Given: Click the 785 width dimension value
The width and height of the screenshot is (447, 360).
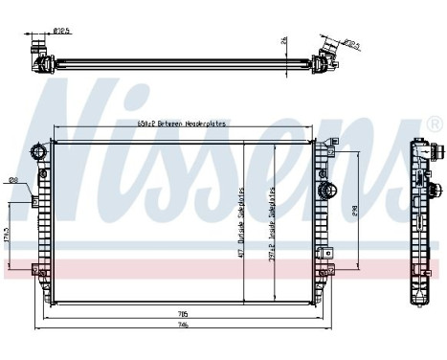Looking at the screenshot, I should [183, 313].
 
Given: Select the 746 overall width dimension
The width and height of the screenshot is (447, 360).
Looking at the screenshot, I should [183, 326].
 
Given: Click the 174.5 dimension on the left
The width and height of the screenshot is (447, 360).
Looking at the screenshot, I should [9, 235].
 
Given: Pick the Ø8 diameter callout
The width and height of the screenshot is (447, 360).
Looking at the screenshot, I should [12, 179].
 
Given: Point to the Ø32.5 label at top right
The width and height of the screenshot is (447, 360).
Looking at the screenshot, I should [349, 43].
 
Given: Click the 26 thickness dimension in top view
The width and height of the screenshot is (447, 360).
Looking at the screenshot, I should [285, 40].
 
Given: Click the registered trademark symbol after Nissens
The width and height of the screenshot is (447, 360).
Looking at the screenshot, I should [433, 124].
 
